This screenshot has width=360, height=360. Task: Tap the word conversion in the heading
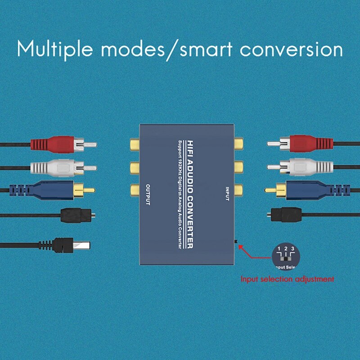[x=291, y=49]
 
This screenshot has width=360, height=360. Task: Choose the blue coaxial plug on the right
[x=306, y=189]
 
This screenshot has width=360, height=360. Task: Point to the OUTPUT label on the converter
[x=148, y=194]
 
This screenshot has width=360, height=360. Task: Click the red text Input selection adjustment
[x=288, y=279]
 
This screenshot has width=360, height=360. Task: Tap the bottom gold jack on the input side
[x=237, y=189]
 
